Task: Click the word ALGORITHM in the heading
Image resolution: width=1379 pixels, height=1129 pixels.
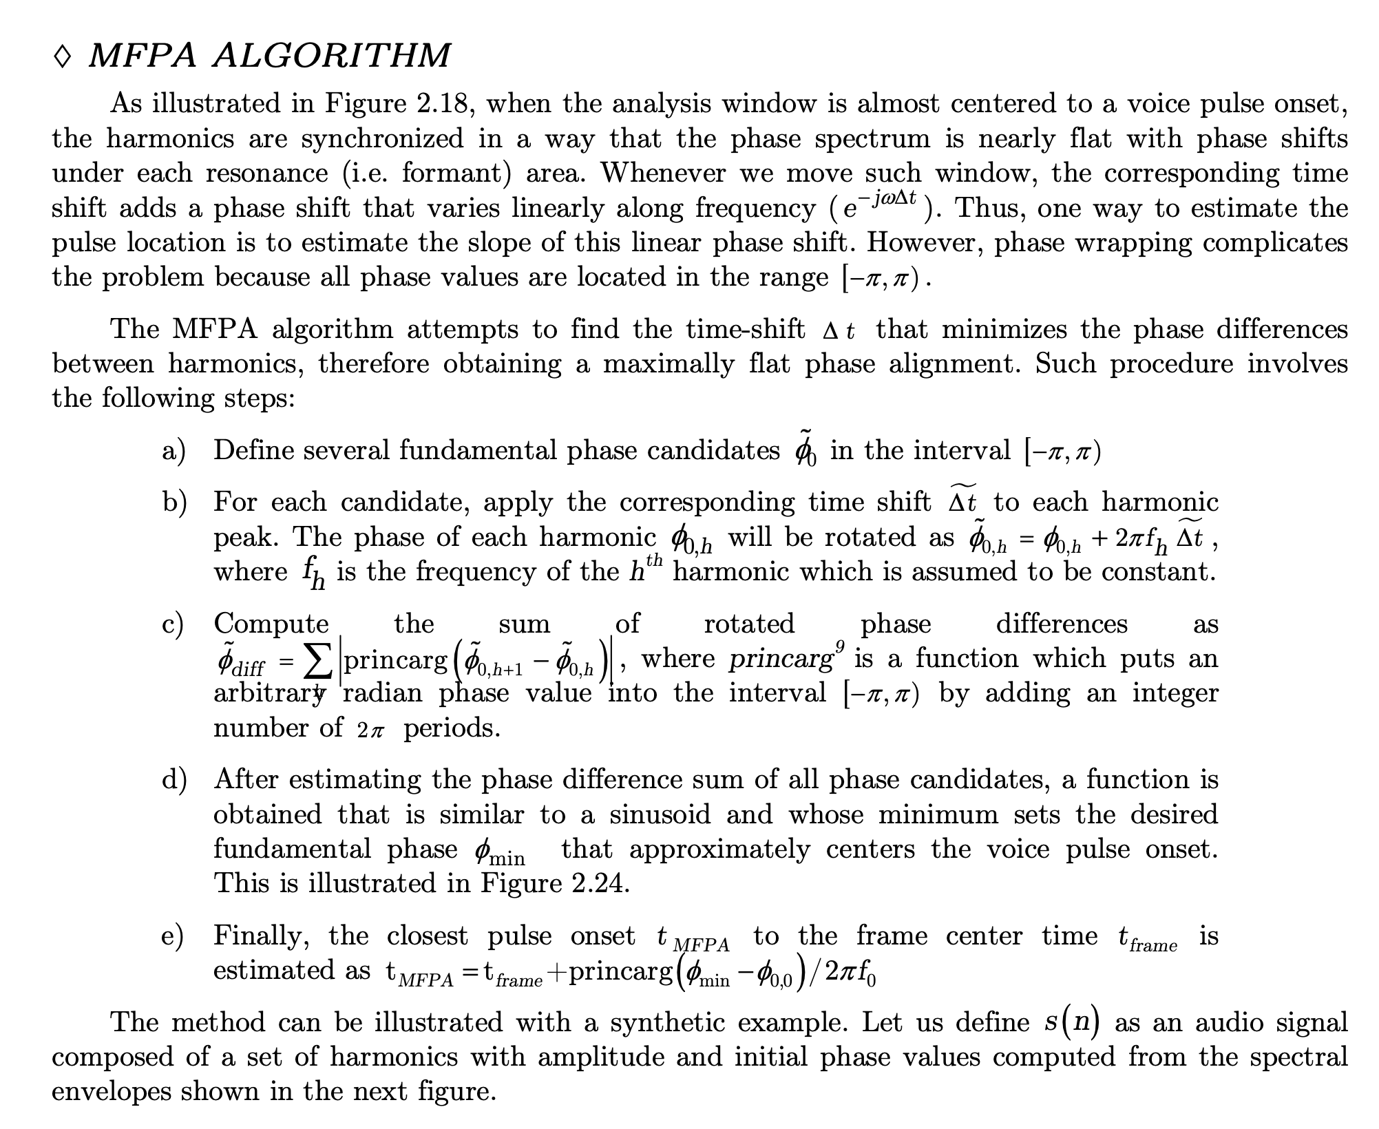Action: tap(331, 56)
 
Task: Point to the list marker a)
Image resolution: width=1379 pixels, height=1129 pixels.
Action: tap(174, 451)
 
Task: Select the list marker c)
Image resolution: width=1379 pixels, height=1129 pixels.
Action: tap(173, 624)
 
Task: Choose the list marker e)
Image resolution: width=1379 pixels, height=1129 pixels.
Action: tap(173, 936)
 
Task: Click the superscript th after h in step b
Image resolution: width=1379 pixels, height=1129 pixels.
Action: tap(655, 560)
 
